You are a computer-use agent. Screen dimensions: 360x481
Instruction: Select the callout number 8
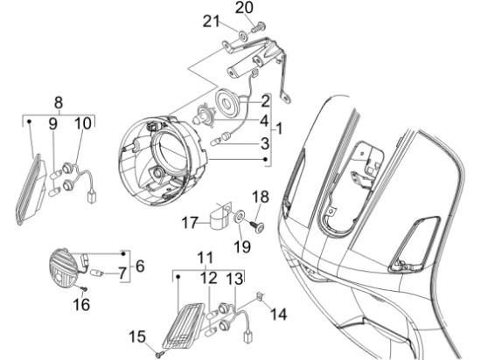(x=59, y=100)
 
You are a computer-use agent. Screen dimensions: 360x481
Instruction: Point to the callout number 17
(x=190, y=224)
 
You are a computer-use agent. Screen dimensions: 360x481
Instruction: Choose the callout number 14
(x=279, y=312)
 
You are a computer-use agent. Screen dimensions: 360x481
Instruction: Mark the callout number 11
(x=204, y=260)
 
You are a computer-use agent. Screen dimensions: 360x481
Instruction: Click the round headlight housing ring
(x=167, y=156)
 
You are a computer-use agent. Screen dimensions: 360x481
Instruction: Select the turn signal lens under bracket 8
(x=32, y=189)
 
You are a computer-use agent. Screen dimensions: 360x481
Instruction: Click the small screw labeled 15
(x=157, y=354)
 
